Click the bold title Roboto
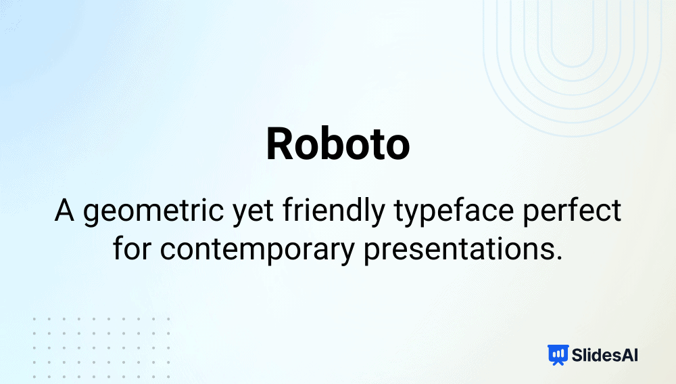point(338,144)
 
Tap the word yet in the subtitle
point(253,213)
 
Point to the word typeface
point(454,213)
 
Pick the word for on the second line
point(132,249)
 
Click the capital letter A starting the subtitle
point(64,211)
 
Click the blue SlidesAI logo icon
point(558,355)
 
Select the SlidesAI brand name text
point(604,355)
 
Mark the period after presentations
point(559,257)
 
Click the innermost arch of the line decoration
point(573,66)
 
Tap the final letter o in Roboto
point(395,148)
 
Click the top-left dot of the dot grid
point(34,319)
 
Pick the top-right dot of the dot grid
point(168,319)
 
